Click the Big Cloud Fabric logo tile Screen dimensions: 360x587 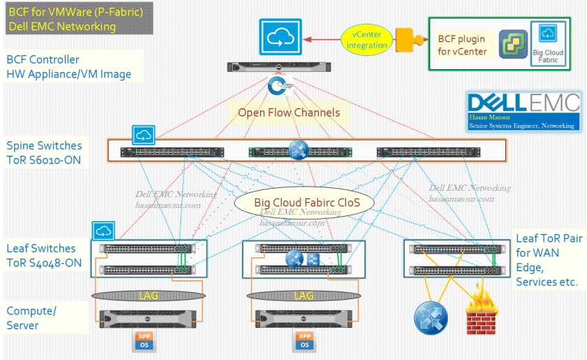point(547,44)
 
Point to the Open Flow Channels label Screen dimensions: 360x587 point(289,112)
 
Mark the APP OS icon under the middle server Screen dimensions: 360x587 point(304,340)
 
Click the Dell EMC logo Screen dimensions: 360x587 point(524,103)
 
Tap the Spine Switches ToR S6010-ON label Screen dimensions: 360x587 point(44,152)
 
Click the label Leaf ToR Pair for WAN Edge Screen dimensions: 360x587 point(546,259)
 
